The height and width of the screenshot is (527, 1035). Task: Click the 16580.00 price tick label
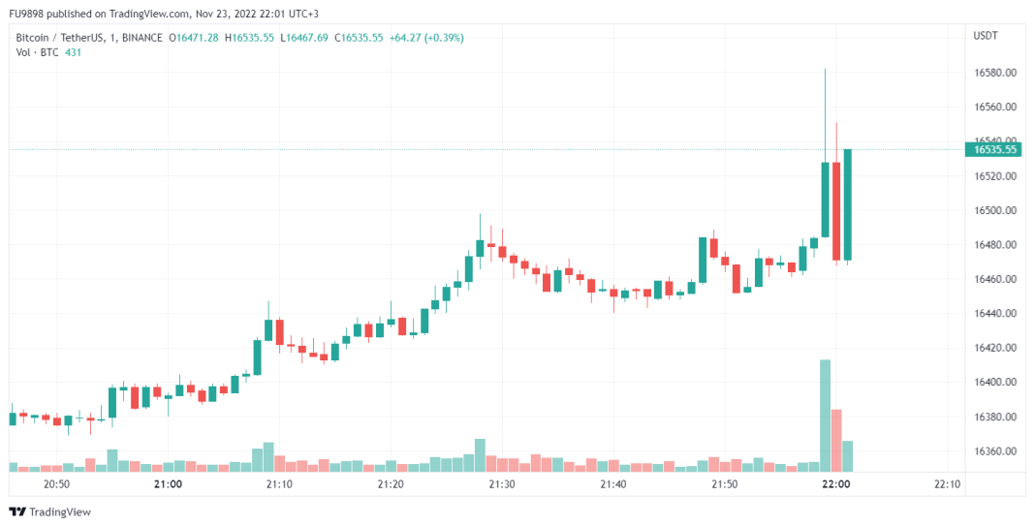tap(994, 73)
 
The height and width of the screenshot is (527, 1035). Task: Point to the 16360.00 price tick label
tap(994, 451)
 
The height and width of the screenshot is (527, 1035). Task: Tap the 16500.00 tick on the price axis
tap(994, 210)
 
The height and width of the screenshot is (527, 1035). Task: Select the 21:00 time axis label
tap(169, 484)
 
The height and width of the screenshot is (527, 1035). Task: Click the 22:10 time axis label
tap(948, 484)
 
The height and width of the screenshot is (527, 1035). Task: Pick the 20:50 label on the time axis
tap(57, 484)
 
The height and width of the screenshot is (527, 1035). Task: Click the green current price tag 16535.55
tap(995, 149)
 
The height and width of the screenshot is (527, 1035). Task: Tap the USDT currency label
tap(986, 36)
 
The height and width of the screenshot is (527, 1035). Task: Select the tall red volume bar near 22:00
tap(836, 440)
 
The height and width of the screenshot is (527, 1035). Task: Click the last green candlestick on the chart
tap(847, 204)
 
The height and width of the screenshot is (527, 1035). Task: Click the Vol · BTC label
tap(37, 52)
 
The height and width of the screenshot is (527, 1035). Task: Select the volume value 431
tap(73, 52)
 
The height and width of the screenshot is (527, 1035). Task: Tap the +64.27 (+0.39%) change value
tap(426, 38)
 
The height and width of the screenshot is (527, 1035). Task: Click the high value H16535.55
tap(250, 38)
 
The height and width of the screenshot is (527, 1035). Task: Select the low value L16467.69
tap(304, 38)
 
